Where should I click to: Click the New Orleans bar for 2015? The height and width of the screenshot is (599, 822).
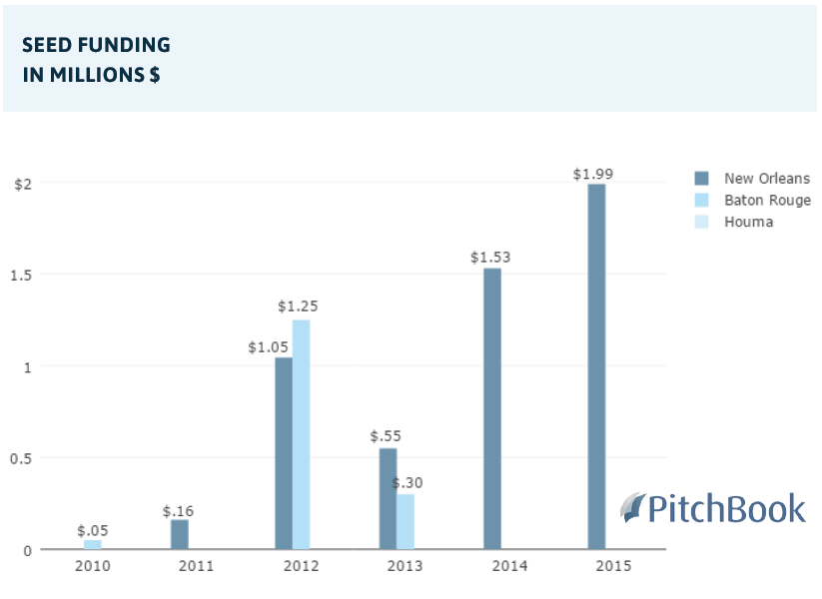pyautogui.click(x=596, y=366)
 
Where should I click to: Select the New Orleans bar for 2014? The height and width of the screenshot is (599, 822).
pyautogui.click(x=492, y=408)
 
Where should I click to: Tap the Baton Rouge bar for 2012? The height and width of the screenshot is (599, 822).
pyautogui.click(x=301, y=434)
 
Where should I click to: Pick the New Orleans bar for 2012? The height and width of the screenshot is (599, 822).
pyautogui.click(x=284, y=453)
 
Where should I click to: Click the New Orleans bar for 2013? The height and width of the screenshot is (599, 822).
pyautogui.click(x=388, y=498)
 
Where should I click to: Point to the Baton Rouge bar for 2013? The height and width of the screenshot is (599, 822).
pyautogui.click(x=405, y=521)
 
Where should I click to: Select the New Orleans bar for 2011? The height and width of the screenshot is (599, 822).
pyautogui.click(x=180, y=534)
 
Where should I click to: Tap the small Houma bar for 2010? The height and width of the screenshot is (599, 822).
pyautogui.click(x=93, y=544)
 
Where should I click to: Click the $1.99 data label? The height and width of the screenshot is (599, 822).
pyautogui.click(x=593, y=174)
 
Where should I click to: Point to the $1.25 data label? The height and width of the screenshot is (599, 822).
pyautogui.click(x=298, y=306)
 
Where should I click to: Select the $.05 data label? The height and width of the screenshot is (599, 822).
pyautogui.click(x=93, y=530)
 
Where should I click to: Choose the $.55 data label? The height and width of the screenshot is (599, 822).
pyautogui.click(x=385, y=436)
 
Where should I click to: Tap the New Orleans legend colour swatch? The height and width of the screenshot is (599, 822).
pyautogui.click(x=701, y=179)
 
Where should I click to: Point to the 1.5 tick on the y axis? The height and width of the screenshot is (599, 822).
pyautogui.click(x=21, y=275)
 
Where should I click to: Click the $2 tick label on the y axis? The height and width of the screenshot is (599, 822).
pyautogui.click(x=23, y=184)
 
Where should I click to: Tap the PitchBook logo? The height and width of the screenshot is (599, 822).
pyautogui.click(x=713, y=508)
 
